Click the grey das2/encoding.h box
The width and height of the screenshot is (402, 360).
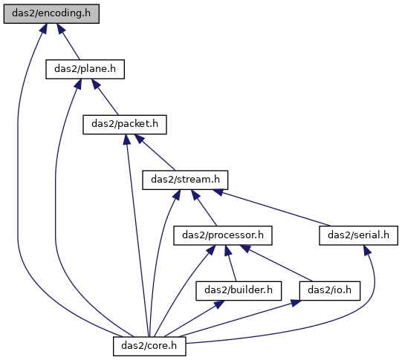coord(51,13)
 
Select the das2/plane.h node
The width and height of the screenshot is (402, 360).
coord(85,69)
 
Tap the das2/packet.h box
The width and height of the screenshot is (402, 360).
coord(125,125)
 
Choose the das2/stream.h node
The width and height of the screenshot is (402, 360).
coord(185,180)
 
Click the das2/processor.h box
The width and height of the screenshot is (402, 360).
coord(223,235)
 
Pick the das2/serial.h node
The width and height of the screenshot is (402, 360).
coord(358,235)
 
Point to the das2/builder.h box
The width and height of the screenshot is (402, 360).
coord(239,291)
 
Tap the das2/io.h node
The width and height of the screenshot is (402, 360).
coord(330,291)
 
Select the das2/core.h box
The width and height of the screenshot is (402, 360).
coord(149,346)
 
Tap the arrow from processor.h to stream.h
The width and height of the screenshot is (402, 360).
coord(204,208)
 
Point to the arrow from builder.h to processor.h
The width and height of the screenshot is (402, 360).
coord(230,263)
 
